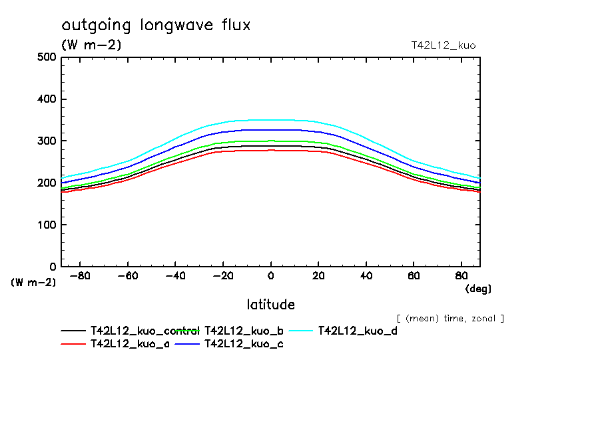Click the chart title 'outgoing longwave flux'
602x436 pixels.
pyautogui.click(x=156, y=25)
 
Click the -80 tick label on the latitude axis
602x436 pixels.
pyautogui.click(x=80, y=275)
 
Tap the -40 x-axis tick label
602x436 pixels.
pyautogui.click(x=175, y=275)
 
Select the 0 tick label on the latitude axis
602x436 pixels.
pyautogui.click(x=270, y=275)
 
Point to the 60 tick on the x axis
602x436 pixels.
pyautogui.click(x=413, y=275)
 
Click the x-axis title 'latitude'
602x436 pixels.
pyautogui.click(x=270, y=305)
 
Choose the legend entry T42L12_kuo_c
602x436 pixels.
pyautogui.click(x=244, y=343)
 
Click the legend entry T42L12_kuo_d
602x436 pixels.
pyautogui.click(x=358, y=330)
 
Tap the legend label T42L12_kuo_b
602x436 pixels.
pyautogui.click(x=244, y=330)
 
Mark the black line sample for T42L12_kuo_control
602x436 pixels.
pyautogui.click(x=73, y=331)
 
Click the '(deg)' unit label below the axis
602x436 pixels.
pyautogui.click(x=477, y=289)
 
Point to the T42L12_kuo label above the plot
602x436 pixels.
pyautogui.click(x=444, y=45)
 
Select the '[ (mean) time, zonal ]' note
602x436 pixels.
pyautogui.click(x=450, y=318)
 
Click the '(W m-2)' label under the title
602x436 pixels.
pyautogui.click(x=91, y=45)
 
